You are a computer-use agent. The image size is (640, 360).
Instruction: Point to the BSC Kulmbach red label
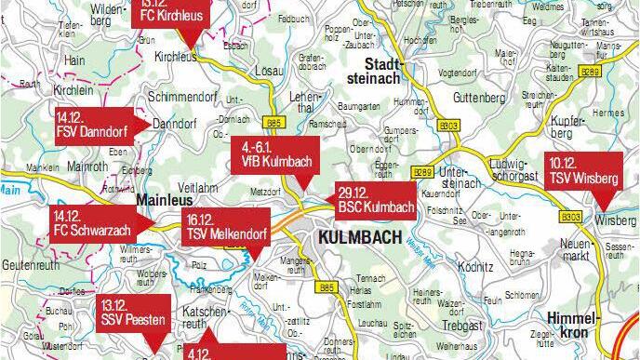[x=377, y=198]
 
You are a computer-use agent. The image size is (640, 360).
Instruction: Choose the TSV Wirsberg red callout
[x=585, y=167]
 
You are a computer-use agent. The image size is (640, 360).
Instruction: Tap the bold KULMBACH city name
[x=358, y=237]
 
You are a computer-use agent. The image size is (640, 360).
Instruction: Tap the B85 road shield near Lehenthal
[x=273, y=122]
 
